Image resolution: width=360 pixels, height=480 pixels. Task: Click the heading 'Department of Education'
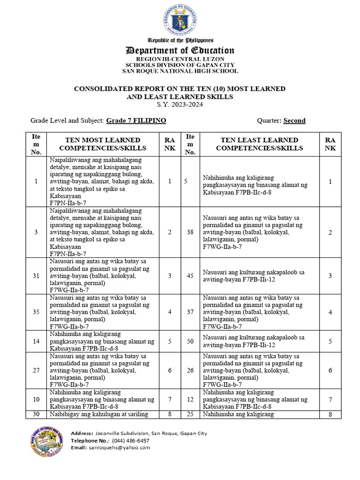click(180, 51)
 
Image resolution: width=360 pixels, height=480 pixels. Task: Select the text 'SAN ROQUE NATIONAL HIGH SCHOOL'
click(180, 71)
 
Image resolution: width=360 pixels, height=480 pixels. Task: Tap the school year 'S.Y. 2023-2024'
click(180, 105)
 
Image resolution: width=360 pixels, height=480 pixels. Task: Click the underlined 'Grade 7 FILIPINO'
click(136, 120)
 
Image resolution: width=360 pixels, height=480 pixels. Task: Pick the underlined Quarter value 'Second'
click(294, 120)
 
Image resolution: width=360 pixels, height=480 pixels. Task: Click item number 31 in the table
click(36, 276)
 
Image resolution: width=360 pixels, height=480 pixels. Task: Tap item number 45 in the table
click(190, 276)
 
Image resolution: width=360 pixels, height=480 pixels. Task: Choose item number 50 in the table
click(190, 341)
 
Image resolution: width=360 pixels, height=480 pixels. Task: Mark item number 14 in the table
click(36, 341)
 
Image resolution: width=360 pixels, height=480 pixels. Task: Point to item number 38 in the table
click(190, 232)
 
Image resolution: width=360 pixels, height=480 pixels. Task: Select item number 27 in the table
click(36, 370)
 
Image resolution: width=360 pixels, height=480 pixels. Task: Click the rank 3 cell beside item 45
click(330, 276)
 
